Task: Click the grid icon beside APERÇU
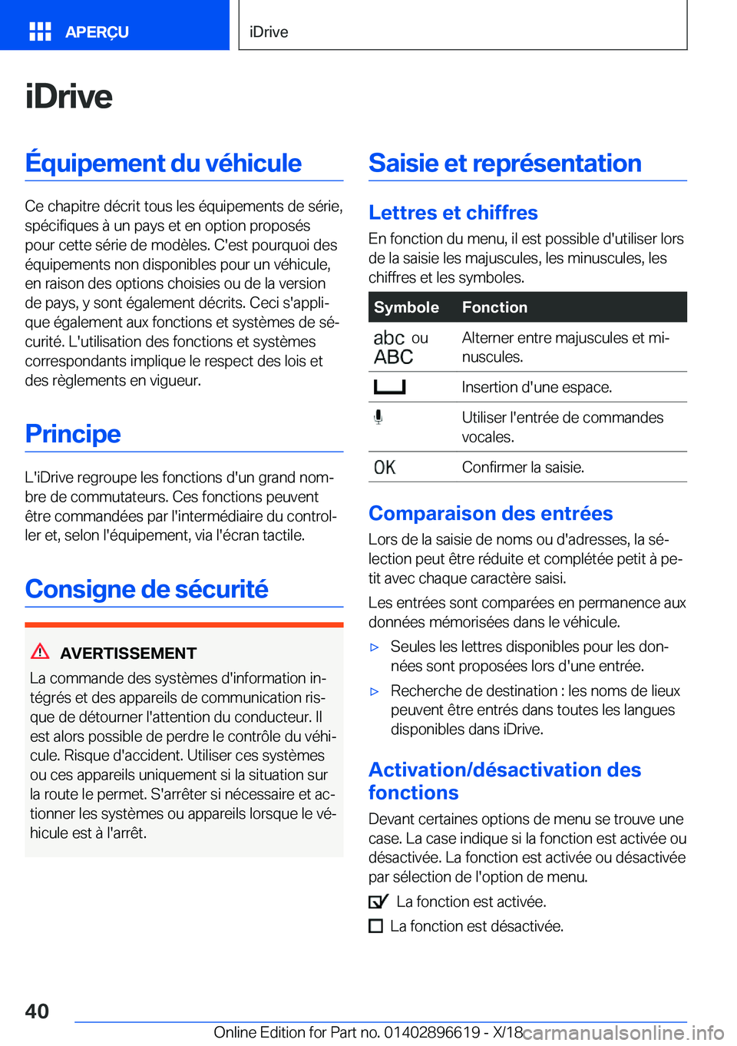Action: (x=40, y=31)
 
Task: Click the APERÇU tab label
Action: (x=97, y=32)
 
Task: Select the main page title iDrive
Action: (x=69, y=97)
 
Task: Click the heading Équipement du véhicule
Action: (x=164, y=163)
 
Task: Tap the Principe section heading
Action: (x=73, y=434)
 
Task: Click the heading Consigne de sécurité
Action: (x=147, y=589)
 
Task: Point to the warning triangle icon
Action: (x=40, y=652)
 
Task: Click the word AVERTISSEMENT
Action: (x=128, y=654)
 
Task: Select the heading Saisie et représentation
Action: (x=504, y=163)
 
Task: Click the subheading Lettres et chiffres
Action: (x=453, y=213)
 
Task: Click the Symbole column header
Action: (x=406, y=307)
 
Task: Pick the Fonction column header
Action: (x=494, y=307)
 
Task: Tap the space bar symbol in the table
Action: (x=389, y=387)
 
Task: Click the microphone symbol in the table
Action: (x=378, y=417)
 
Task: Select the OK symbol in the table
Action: (x=385, y=467)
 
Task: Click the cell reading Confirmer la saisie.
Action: (x=523, y=467)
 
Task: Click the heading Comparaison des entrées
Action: (x=491, y=513)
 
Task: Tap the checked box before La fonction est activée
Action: (x=378, y=902)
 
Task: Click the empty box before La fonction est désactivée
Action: (x=375, y=926)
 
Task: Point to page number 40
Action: (x=37, y=1011)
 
